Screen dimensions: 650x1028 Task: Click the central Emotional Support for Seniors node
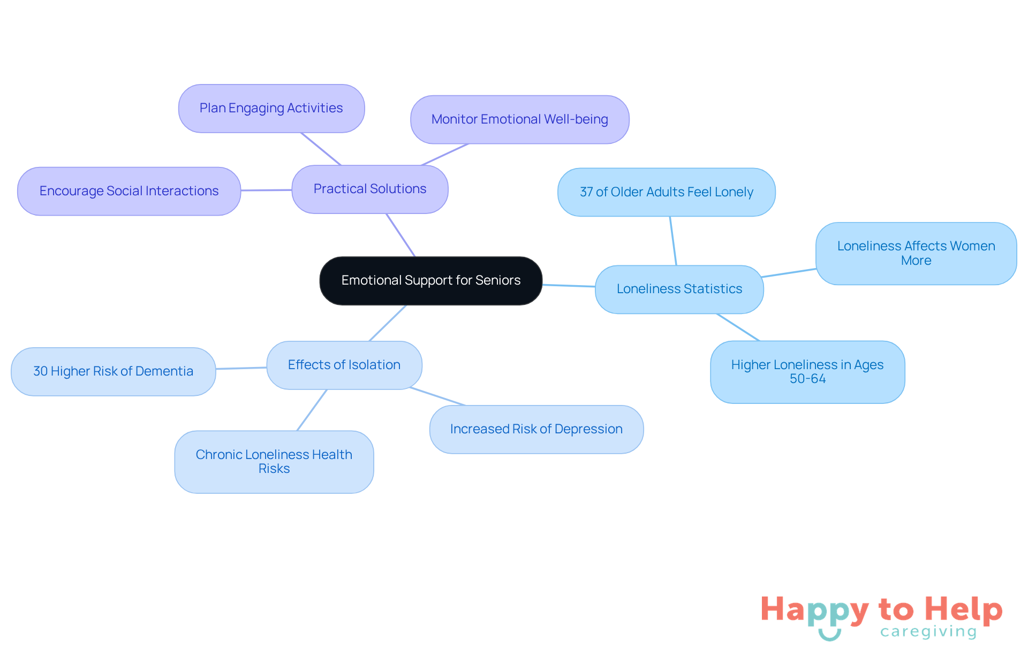tap(430, 280)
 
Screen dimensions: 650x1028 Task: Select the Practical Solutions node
tap(369, 189)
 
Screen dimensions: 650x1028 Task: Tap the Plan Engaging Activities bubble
tap(271, 108)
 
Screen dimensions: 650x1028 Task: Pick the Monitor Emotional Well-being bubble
tap(519, 119)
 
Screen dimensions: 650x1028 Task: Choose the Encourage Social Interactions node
tap(128, 191)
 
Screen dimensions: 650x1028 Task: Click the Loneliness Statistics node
tap(679, 289)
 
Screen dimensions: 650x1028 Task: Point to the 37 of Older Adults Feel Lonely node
tap(666, 192)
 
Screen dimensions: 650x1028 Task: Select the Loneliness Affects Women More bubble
tap(916, 253)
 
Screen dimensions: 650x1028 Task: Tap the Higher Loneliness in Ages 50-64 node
tap(807, 372)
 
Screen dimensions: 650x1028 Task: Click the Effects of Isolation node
tap(344, 365)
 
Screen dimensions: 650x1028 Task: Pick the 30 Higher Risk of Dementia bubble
tap(113, 371)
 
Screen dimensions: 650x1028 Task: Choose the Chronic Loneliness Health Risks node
tap(274, 462)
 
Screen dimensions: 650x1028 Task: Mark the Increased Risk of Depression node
tap(536, 429)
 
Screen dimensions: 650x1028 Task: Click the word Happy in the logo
tap(814, 610)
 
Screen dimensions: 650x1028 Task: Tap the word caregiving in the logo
tap(928, 632)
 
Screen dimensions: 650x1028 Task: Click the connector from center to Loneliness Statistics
tap(569, 286)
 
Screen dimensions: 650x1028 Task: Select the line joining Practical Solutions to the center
tap(400, 235)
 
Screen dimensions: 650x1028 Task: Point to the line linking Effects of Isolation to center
tap(388, 323)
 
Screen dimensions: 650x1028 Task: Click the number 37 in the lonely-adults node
tap(586, 192)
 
